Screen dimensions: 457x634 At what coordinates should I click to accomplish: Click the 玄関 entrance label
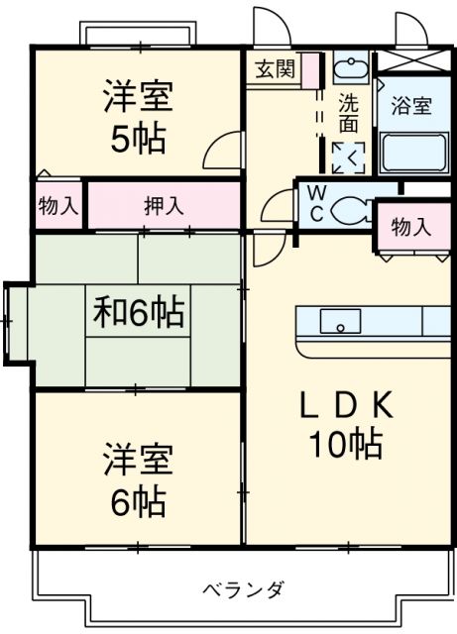(x=275, y=68)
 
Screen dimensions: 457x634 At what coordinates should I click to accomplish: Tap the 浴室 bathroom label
(x=411, y=106)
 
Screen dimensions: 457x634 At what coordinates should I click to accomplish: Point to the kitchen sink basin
(x=340, y=321)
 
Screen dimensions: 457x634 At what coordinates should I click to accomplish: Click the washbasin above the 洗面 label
(x=351, y=67)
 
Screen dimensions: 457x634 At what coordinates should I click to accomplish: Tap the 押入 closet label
(x=164, y=206)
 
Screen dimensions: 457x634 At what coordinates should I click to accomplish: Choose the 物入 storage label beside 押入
(x=58, y=206)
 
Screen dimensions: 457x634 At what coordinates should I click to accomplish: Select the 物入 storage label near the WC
(x=411, y=227)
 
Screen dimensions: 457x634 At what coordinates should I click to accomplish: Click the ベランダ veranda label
(x=243, y=590)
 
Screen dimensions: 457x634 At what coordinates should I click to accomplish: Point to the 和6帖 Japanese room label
(x=139, y=312)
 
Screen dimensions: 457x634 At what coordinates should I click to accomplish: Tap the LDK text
(x=346, y=404)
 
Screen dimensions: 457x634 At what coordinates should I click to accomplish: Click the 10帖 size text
(x=346, y=444)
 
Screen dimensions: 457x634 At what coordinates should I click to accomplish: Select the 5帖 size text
(x=139, y=139)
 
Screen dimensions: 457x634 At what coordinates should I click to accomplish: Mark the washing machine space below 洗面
(x=349, y=158)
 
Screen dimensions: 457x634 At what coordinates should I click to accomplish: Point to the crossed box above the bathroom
(x=411, y=60)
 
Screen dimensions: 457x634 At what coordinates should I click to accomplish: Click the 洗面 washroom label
(x=349, y=113)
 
